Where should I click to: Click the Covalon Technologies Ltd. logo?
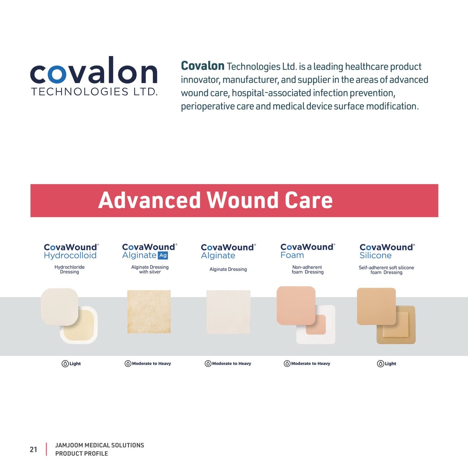(94, 77)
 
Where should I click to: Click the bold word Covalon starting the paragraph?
(202, 66)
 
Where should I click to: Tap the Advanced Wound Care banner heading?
(215, 200)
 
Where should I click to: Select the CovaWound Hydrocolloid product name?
(71, 251)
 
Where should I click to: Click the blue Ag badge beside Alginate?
(163, 255)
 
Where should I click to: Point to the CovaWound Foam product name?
(307, 251)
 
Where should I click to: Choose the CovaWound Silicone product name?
(387, 251)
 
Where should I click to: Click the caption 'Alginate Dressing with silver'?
(150, 269)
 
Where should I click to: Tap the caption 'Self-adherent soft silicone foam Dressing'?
(386, 270)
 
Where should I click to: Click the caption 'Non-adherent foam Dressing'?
(307, 269)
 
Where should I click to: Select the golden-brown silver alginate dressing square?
(149, 312)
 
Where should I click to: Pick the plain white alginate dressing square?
(228, 312)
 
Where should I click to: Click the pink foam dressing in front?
(296, 305)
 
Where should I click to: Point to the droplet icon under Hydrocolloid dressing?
(65, 364)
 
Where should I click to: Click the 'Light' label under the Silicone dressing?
(390, 364)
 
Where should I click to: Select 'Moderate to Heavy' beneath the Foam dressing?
(310, 364)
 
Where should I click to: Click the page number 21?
(33, 450)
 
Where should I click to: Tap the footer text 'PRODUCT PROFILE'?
(82, 454)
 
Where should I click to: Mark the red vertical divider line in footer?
(46, 449)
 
